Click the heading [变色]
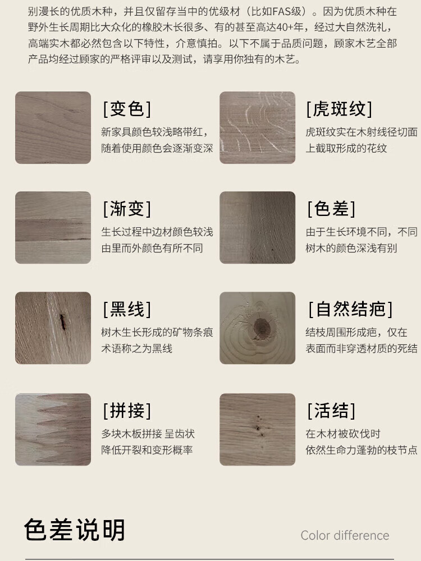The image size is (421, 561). [127, 109]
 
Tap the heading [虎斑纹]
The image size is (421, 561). [339, 109]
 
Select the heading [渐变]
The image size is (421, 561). [127, 209]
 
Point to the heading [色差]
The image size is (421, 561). [332, 209]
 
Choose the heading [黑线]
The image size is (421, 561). [127, 309]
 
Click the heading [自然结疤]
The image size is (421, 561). [350, 309]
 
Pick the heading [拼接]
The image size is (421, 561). [127, 411]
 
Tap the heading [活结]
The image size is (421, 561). [332, 411]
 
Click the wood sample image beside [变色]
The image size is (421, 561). [53, 128]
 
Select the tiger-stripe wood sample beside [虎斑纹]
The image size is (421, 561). [258, 128]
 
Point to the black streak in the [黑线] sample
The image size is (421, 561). [62, 321]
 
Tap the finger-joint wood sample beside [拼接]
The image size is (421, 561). [53, 429]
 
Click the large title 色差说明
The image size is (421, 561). [75, 530]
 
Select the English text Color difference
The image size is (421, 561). [345, 536]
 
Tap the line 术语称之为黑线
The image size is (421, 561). [137, 348]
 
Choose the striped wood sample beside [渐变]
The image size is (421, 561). [53, 228]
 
